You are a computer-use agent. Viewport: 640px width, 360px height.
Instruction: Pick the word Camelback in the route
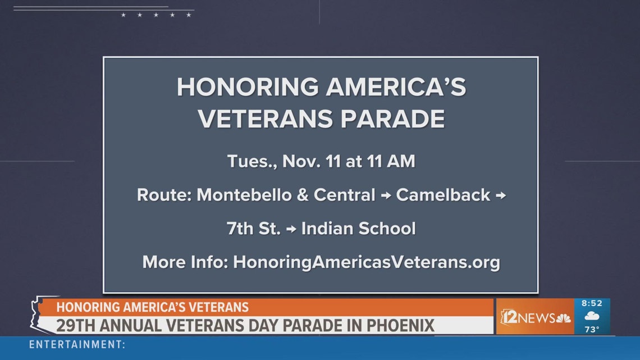tap(443, 195)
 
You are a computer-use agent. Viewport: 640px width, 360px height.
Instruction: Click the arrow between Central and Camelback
tap(386, 195)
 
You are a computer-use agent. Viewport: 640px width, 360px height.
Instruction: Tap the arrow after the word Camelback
tap(500, 195)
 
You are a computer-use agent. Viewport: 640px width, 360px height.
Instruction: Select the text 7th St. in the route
tap(253, 229)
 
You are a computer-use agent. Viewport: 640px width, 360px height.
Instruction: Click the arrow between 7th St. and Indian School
tap(291, 229)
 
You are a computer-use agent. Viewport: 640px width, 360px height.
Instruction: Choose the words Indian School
tap(358, 229)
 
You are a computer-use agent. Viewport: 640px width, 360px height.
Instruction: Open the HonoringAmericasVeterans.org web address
tap(366, 262)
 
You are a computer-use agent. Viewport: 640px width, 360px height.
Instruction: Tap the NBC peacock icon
tap(563, 318)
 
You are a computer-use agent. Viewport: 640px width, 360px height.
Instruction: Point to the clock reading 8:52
tap(591, 303)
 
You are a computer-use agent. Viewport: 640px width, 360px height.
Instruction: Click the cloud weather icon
tap(591, 316)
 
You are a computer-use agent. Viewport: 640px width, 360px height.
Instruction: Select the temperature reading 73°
tap(592, 330)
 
